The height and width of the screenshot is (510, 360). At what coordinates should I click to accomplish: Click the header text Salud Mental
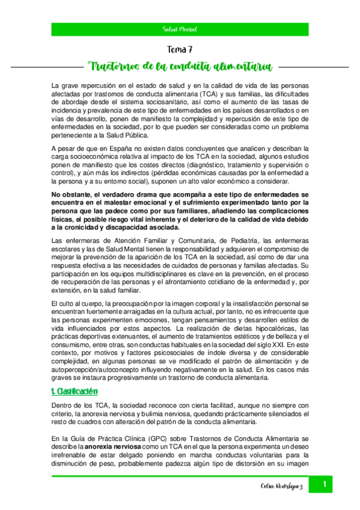coord(180,29)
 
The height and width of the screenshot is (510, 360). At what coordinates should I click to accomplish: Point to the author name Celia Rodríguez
coord(282,486)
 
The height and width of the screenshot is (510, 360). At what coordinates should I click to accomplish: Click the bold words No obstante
coord(72,194)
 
